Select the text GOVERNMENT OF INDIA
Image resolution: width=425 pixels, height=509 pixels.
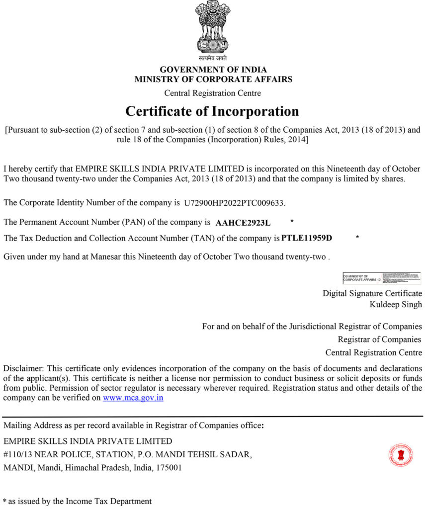213,70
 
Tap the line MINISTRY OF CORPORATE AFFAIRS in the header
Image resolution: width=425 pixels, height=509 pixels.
213,79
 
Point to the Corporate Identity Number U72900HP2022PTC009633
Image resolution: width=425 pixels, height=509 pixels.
235,203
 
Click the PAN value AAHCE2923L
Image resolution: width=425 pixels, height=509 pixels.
243,223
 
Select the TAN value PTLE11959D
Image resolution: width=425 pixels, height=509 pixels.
307,238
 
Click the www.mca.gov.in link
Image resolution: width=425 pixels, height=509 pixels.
133,398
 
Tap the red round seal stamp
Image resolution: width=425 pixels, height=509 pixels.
401,455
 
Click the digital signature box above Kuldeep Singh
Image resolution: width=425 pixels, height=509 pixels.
382,278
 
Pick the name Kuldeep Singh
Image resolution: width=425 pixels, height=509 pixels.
396,304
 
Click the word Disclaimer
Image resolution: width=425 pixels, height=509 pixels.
23,368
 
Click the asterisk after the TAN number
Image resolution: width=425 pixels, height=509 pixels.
357,238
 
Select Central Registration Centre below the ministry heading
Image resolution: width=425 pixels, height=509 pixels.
212,93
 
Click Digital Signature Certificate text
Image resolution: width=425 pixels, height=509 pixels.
372,293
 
